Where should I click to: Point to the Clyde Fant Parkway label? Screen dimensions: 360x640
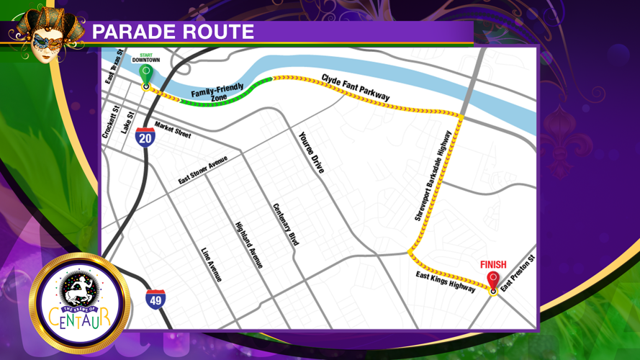click(x=356, y=86)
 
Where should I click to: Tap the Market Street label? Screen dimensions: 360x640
click(x=173, y=129)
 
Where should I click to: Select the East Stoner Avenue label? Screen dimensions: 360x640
click(x=203, y=170)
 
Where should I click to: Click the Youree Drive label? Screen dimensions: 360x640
click(x=312, y=152)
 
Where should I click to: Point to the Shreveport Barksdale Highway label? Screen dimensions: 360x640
click(x=433, y=175)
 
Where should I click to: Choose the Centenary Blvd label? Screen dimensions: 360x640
click(x=285, y=225)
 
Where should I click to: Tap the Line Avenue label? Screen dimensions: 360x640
click(x=212, y=264)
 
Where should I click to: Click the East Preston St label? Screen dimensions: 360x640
click(x=519, y=274)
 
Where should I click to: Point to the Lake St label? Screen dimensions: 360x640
click(x=128, y=121)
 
